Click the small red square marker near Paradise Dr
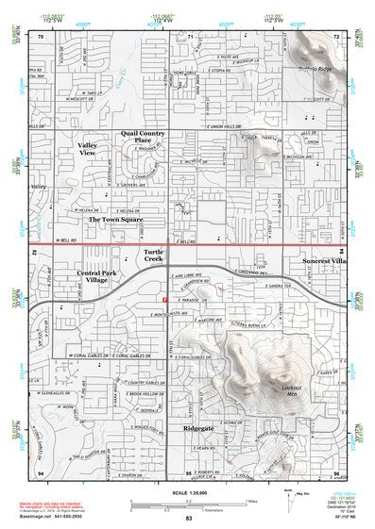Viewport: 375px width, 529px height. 165,299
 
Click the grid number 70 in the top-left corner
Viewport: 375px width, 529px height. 41,35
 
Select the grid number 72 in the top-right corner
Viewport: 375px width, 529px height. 336,35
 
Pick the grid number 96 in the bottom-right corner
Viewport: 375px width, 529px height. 335,471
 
